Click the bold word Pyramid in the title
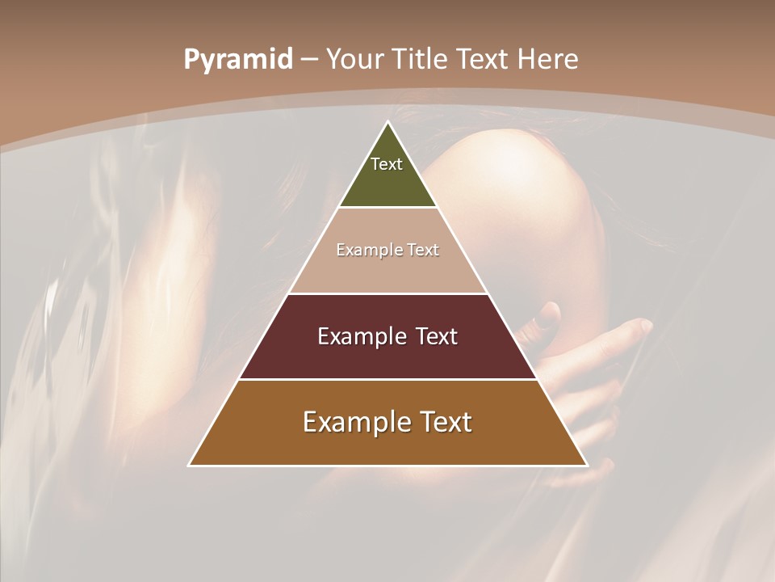coord(238,60)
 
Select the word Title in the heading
coord(419,59)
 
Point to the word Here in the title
coord(548,59)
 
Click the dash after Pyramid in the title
coord(309,60)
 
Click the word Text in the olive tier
coord(387,164)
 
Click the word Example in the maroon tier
coord(360,336)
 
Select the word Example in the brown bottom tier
coord(353,422)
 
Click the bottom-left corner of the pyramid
coord(190,466)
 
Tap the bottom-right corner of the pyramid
coord(587,466)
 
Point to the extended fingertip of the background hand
coord(647,324)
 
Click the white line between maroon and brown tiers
coord(387,379)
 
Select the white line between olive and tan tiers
coord(387,208)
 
